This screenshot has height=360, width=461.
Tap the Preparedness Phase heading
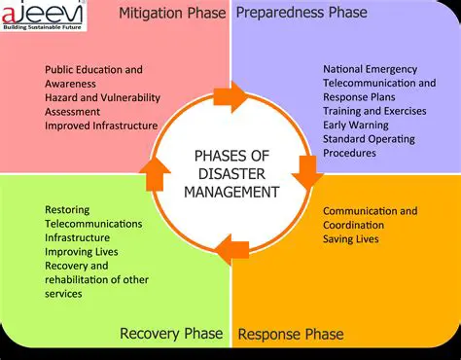point(302,14)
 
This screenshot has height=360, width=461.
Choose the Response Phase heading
point(291,335)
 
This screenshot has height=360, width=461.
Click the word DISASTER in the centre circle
point(230,173)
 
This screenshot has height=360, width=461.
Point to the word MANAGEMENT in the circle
point(230,191)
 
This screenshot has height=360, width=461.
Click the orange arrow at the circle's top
point(231,95)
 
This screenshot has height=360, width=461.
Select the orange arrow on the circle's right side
point(308,171)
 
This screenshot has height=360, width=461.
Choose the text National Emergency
point(370,69)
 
